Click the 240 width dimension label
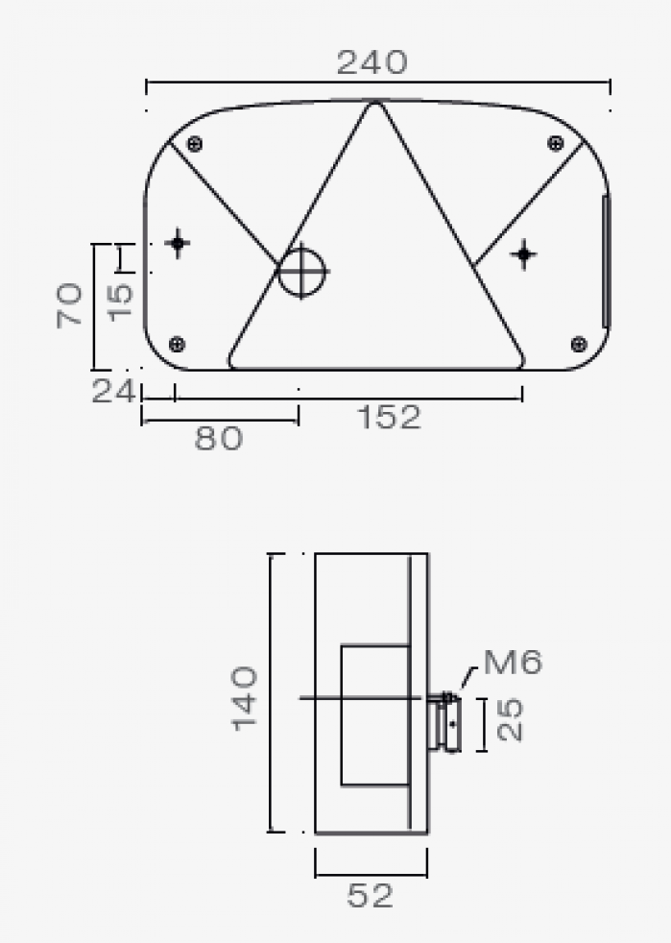371,63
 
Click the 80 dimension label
219,439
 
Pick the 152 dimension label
389,418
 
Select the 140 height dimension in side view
245,697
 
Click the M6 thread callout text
513,662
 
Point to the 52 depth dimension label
371,897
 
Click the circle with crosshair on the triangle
302,272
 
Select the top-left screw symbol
195,144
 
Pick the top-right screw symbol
555,144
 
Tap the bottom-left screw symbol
177,344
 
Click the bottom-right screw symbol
578,344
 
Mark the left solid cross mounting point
178,243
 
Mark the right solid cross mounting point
523,254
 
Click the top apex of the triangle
374,105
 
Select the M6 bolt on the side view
446,722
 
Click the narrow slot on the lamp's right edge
604,261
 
